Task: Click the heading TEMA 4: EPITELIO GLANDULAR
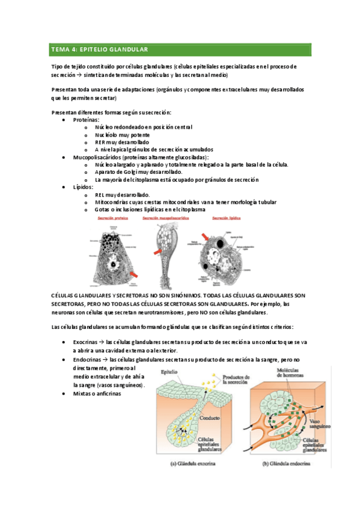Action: click(99, 49)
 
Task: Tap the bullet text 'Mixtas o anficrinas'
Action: click(97, 393)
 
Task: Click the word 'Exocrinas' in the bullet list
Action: click(86, 342)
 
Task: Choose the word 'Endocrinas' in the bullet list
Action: click(88, 359)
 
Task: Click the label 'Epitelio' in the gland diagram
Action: click(169, 372)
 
